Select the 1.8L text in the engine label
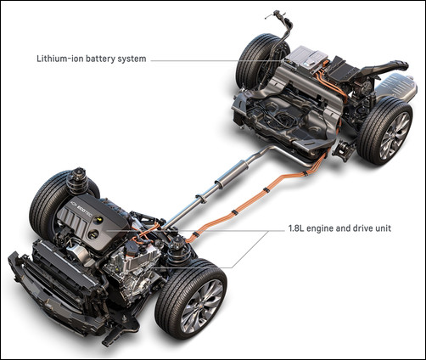296,228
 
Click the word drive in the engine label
356,228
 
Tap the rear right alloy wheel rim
395,135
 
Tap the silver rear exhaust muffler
396,87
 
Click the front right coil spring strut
178,249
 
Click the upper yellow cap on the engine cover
98,220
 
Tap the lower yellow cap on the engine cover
92,234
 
